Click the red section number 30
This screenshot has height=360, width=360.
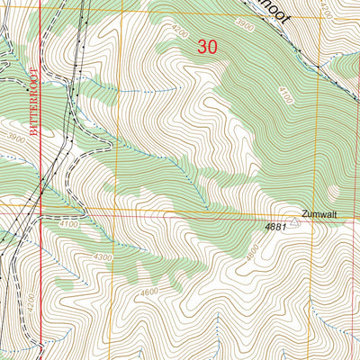pos(206,49)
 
